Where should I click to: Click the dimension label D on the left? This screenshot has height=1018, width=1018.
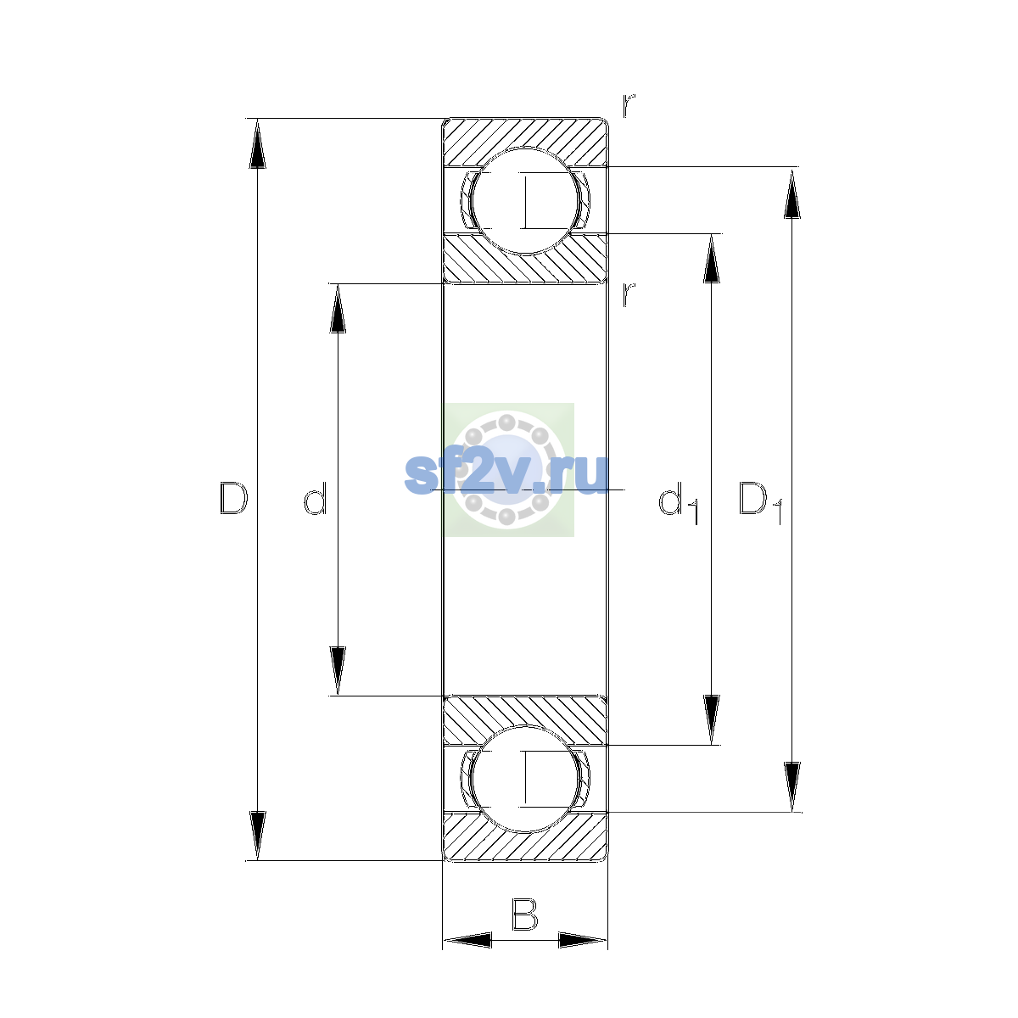point(233,498)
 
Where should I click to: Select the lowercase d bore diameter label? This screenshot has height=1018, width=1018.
point(316,498)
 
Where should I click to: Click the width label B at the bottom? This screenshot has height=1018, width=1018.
point(524,915)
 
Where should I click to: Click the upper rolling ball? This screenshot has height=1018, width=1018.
point(524,201)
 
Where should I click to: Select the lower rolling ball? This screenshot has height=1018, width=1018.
point(524,779)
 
